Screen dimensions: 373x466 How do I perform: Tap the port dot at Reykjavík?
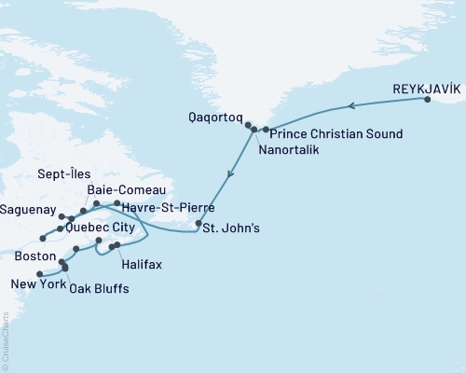[x=427, y=99]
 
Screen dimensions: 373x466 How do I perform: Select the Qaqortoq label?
[x=213, y=119]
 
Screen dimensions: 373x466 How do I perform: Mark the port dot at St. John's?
[x=199, y=224]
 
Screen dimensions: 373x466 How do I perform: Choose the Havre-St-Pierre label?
[x=165, y=207]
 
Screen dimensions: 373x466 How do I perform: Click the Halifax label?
[x=142, y=265]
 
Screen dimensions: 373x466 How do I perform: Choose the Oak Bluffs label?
[x=99, y=289]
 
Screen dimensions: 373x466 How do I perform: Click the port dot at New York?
[x=38, y=273]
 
